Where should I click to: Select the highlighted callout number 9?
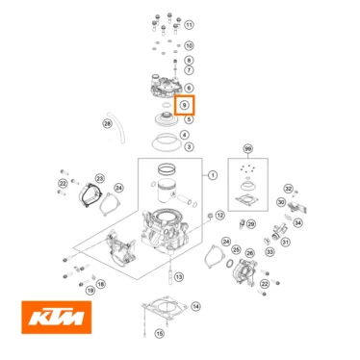coord(187,104)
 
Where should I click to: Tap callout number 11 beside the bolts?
coord(189,24)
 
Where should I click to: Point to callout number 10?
coord(189,45)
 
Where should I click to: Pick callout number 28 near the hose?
coord(108,123)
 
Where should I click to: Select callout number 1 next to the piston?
coord(213,176)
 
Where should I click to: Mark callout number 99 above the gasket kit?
coord(248,150)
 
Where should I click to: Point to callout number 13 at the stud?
coord(178,276)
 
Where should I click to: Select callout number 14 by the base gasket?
coord(196,307)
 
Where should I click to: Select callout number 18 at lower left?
coord(90,289)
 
